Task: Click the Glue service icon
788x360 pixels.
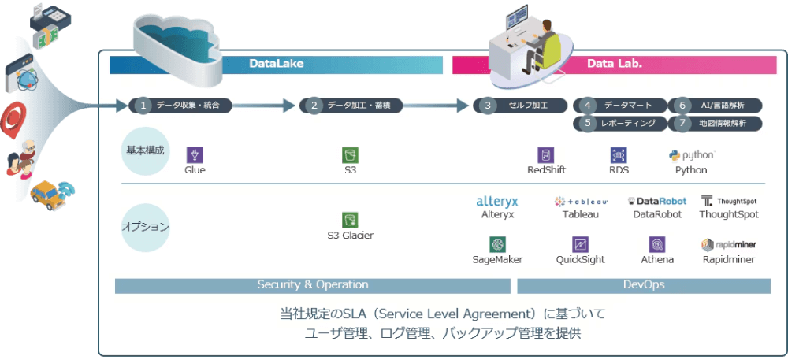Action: point(195,154)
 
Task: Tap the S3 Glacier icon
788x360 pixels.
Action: point(350,220)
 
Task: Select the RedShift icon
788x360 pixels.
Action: point(546,154)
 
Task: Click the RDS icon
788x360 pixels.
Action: point(619,154)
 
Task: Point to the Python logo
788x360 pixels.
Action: point(691,154)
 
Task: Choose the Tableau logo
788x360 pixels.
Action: point(581,201)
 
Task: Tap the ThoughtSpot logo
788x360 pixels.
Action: point(729,201)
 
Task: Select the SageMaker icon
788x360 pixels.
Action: point(497,244)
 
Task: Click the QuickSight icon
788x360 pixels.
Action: point(581,244)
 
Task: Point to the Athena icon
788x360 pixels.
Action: point(656,244)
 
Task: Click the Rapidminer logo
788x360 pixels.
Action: point(729,244)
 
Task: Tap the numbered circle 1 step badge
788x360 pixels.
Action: point(143,105)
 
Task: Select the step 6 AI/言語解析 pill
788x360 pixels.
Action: point(716,105)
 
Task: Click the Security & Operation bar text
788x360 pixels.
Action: point(312,285)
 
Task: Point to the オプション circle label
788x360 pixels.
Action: point(146,227)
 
